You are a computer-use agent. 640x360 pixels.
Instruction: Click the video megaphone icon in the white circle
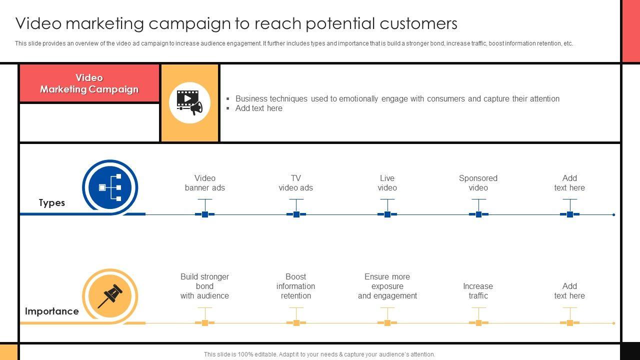[x=189, y=102]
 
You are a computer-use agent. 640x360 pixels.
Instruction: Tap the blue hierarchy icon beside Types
[x=110, y=187]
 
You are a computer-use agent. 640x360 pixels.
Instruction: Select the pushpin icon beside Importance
[x=110, y=296]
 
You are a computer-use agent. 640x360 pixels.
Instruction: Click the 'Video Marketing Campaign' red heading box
[x=89, y=83]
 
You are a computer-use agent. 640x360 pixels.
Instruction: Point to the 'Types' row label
[x=52, y=202]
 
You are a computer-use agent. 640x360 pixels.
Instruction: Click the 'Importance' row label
[x=52, y=311]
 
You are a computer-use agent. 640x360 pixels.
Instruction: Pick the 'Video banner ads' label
[x=205, y=183]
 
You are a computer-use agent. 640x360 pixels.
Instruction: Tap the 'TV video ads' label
[x=296, y=183]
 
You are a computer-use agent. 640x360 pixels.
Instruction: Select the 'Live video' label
[x=387, y=183]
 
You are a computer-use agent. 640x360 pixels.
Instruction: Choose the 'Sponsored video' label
[x=478, y=183]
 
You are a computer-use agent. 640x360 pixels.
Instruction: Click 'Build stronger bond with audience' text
[x=205, y=286]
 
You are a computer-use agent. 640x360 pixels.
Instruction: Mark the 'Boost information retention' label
[x=296, y=286]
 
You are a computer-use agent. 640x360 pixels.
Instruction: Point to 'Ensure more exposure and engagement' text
[x=387, y=286]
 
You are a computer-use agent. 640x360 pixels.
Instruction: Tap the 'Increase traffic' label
[x=478, y=291]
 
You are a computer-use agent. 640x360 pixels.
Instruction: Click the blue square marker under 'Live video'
[x=387, y=214]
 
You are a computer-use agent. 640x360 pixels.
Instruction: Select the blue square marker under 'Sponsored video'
[x=478, y=214]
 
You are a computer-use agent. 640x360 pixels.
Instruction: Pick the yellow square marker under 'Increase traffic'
[x=478, y=323]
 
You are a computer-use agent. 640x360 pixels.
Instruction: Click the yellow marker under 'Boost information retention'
[x=296, y=323]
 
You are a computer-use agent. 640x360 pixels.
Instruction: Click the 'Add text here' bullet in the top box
[x=259, y=108]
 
